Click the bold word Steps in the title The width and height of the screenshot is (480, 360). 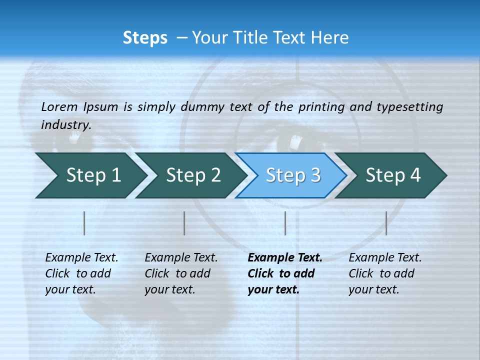[145, 38]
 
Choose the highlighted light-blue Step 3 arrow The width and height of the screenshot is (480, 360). [293, 175]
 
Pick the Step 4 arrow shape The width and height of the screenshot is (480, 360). [393, 175]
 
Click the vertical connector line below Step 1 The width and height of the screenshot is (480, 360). [84, 223]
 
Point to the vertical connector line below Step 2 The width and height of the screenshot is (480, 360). [184, 223]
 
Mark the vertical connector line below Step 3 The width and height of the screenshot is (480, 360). [285, 223]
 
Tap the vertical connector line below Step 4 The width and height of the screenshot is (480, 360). [386, 223]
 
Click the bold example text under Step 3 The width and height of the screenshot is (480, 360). [284, 273]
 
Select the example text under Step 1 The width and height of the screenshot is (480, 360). [81, 273]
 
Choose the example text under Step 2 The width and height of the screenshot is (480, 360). [181, 273]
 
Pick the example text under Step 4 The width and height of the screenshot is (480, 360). [385, 273]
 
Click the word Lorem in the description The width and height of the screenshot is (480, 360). [59, 106]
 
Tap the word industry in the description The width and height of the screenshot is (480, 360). [66, 124]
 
